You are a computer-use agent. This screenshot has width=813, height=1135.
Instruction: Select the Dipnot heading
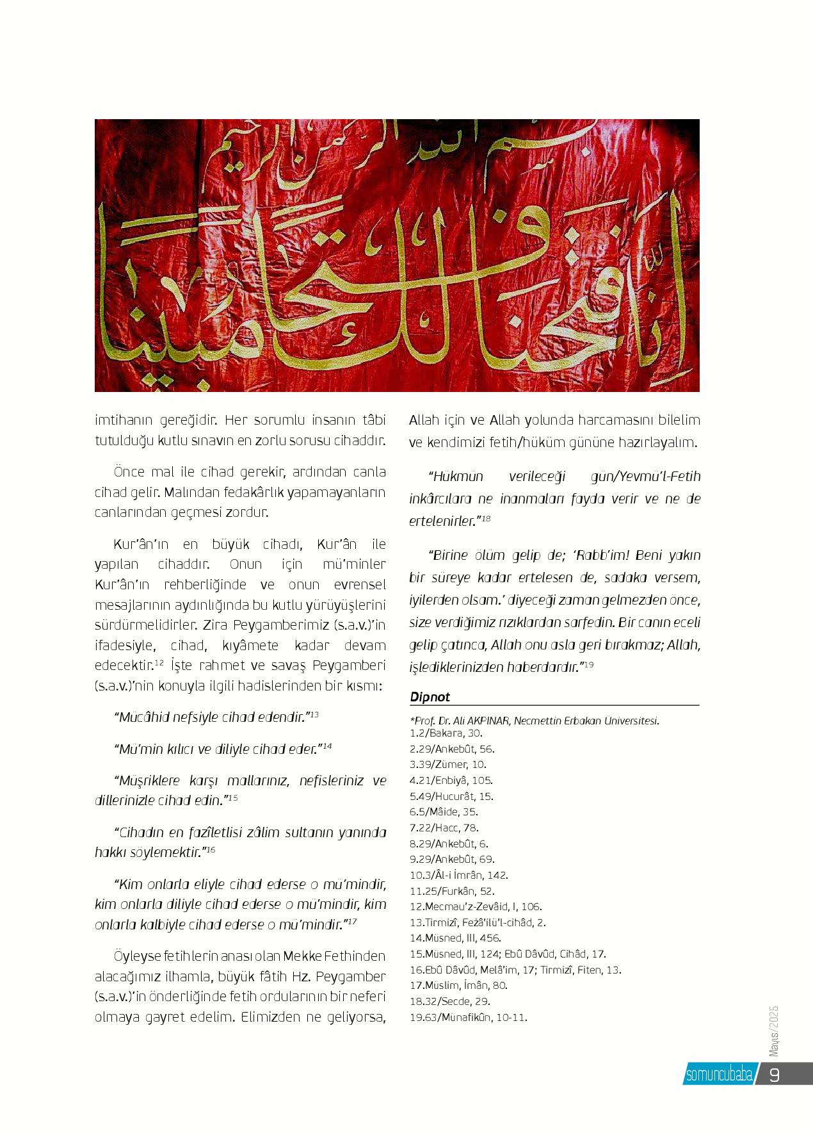[x=430, y=696]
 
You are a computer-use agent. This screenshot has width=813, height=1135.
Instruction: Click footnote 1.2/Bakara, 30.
[x=446, y=733]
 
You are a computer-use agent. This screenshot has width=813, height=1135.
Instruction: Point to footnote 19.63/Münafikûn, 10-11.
[x=469, y=1017]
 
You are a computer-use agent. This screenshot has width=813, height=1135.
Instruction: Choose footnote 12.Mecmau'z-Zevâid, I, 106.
[x=476, y=906]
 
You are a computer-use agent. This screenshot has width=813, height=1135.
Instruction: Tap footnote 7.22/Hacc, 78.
[x=444, y=828]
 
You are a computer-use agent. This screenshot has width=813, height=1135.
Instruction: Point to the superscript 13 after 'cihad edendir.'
[x=315, y=714]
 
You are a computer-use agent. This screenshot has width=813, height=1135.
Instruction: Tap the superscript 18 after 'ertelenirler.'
[x=486, y=518]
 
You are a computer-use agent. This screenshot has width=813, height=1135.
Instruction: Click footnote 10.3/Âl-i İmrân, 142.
[x=459, y=875]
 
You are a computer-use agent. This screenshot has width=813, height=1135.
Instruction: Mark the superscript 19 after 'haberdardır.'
[x=590, y=665]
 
